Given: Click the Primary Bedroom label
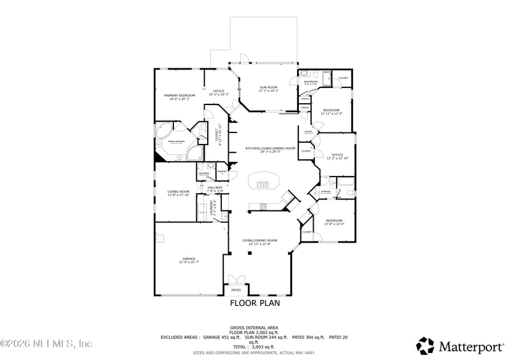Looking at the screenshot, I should pyautogui.click(x=178, y=96).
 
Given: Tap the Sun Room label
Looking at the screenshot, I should pyautogui.click(x=268, y=87).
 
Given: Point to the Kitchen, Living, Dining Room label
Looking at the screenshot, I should pyautogui.click(x=270, y=148).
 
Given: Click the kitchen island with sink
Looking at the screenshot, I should pyautogui.click(x=264, y=180).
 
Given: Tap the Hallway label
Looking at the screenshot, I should pyautogui.click(x=215, y=187).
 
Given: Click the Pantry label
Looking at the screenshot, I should pyautogui.click(x=222, y=171).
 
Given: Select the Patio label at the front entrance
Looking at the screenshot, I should pyautogui.click(x=236, y=290).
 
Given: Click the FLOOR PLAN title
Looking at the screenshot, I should pyautogui.click(x=254, y=303).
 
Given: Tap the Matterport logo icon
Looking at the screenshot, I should pyautogui.click(x=425, y=345).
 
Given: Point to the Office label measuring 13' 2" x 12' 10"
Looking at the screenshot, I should pyautogui.click(x=337, y=155).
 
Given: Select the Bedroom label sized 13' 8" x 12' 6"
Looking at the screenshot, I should pyautogui.click(x=334, y=221).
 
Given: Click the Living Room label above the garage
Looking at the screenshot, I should pyautogui.click(x=178, y=192).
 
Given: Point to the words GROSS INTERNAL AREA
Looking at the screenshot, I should pyautogui.click(x=254, y=327).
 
